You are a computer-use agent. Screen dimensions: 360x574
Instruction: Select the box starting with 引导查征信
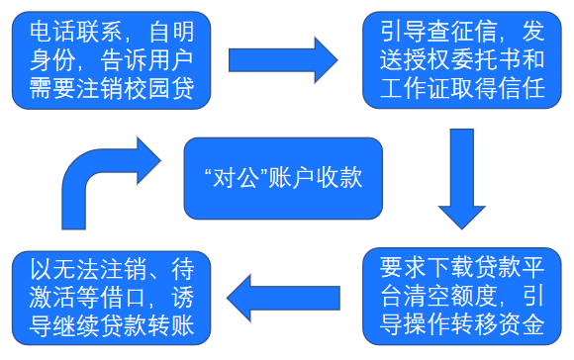click(x=461, y=59)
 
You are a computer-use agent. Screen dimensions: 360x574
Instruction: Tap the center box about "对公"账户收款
click(x=282, y=178)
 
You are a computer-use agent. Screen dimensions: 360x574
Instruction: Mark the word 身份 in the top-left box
click(x=55, y=59)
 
